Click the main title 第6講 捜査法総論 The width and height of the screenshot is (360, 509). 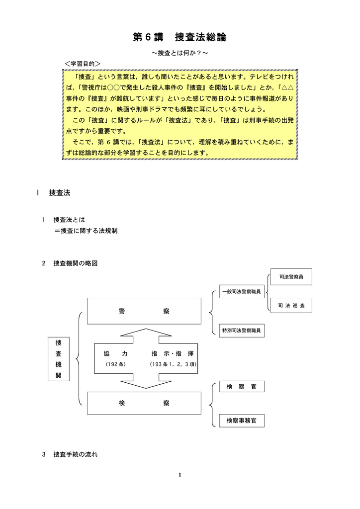tap(180, 37)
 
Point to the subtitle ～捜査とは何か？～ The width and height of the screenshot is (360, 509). tap(180, 53)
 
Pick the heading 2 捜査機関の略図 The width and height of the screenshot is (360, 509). tap(73, 263)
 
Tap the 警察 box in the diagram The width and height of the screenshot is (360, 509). tap(144, 311)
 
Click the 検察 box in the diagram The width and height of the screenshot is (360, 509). tap(144, 403)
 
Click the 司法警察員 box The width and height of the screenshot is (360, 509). tap(291, 276)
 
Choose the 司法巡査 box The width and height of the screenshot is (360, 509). tap(291, 305)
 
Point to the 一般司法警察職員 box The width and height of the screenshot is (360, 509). tap(241, 291)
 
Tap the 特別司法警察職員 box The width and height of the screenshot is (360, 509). tap(241, 330)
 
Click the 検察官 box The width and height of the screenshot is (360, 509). tap(241, 387)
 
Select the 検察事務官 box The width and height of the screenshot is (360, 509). tap(241, 420)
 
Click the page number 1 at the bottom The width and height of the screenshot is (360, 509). tap(180, 476)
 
